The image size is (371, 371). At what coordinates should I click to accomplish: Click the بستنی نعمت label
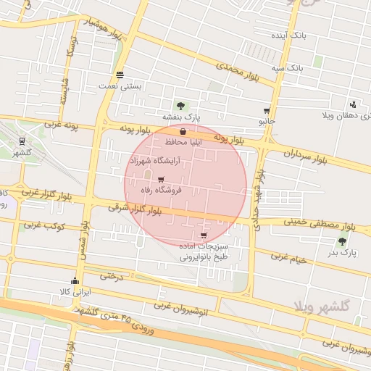click(120, 86)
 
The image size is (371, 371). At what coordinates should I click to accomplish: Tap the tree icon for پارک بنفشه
click(180, 106)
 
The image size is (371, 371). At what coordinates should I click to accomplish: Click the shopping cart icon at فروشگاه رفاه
click(160, 179)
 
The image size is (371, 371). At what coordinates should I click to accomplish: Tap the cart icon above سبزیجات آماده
click(203, 235)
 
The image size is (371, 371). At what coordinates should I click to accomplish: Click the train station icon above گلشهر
click(22, 141)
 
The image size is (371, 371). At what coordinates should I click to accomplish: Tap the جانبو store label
click(267, 121)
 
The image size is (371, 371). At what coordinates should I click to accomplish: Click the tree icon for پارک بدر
click(342, 241)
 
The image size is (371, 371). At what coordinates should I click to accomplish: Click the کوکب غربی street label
click(45, 226)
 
